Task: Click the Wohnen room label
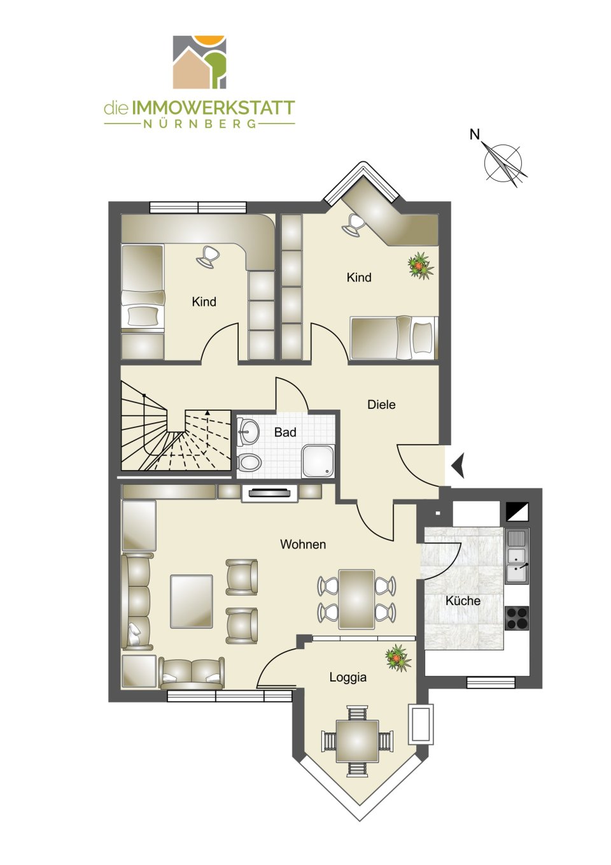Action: (x=303, y=545)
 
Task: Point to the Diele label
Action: (x=381, y=404)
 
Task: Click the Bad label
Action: (x=285, y=432)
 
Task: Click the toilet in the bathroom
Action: (x=249, y=462)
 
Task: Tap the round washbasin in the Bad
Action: (x=249, y=431)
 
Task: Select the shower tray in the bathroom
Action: (x=318, y=461)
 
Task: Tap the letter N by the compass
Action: (x=474, y=134)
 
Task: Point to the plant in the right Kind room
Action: (x=421, y=265)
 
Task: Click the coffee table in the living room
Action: (x=192, y=601)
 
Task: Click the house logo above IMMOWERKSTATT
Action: (x=199, y=62)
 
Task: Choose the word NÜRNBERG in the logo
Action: (x=199, y=124)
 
